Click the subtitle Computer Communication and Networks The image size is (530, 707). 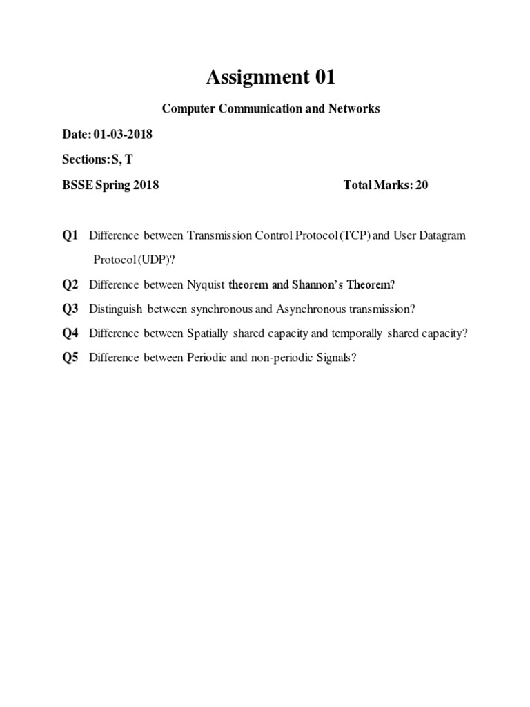271,109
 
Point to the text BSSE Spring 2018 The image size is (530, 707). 110,185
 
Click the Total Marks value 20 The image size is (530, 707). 422,185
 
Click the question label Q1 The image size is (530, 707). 70,235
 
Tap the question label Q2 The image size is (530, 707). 70,284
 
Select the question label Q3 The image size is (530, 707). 70,309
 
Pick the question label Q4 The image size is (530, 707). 70,333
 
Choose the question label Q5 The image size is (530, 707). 70,358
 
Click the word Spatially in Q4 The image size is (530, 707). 209,333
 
